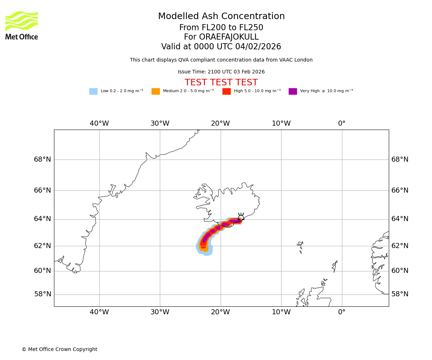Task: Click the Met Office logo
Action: [x=22, y=25]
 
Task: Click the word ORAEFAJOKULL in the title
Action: [x=221, y=37]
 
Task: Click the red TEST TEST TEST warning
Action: [x=221, y=82]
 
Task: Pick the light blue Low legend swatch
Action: [x=93, y=91]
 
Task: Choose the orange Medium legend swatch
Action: [x=156, y=91]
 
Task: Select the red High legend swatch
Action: [x=226, y=91]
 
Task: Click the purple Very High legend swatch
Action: [x=293, y=91]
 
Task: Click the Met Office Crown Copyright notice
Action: [x=59, y=349]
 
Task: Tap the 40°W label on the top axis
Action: [x=99, y=123]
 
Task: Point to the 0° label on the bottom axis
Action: [x=342, y=312]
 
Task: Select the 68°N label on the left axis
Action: [x=42, y=159]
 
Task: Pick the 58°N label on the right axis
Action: [x=400, y=294]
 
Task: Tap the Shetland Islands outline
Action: [x=335, y=266]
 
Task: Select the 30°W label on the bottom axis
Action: [x=160, y=312]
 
